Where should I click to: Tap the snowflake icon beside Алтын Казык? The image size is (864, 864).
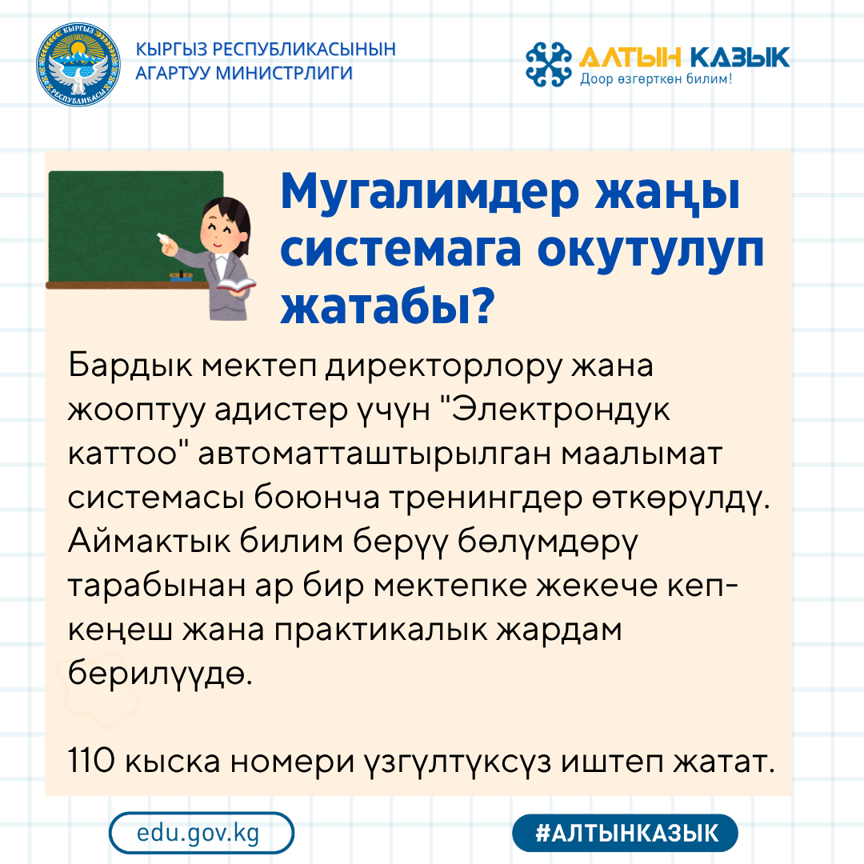click(549, 64)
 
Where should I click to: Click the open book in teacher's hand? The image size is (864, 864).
click(237, 285)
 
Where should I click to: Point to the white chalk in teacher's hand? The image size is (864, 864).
click(166, 238)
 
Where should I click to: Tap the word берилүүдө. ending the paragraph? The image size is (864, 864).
click(160, 673)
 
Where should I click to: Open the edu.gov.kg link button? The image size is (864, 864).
click(201, 833)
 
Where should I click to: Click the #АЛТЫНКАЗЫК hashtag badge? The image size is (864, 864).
click(625, 833)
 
